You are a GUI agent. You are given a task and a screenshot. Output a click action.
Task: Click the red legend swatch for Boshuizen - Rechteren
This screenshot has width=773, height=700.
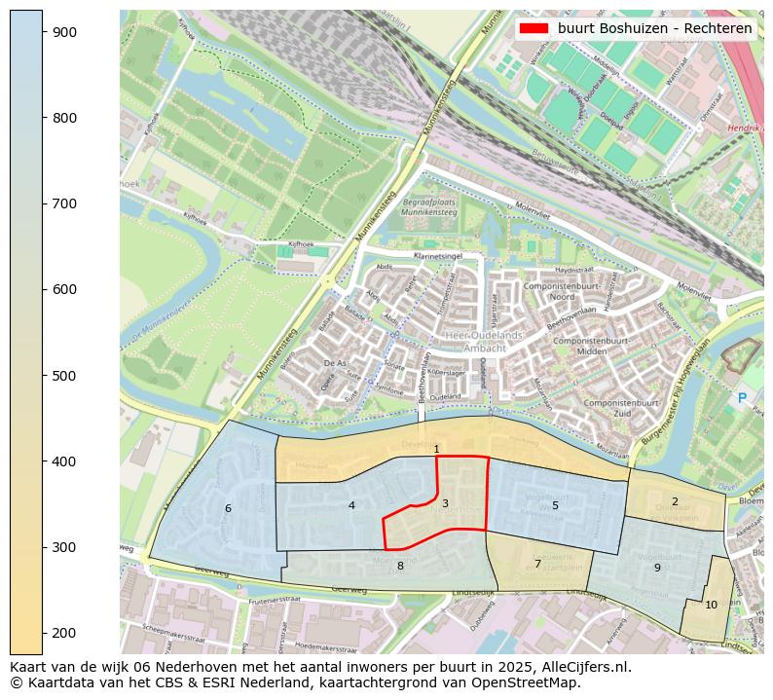pos(533,28)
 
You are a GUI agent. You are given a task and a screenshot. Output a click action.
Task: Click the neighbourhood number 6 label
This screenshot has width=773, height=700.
pos(228,508)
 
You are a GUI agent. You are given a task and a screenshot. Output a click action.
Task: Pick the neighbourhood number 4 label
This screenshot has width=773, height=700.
pos(351,505)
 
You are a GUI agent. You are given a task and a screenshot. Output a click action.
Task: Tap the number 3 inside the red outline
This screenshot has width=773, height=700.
pos(445,503)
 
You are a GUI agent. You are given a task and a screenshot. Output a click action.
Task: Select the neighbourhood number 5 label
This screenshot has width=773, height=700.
pos(555,505)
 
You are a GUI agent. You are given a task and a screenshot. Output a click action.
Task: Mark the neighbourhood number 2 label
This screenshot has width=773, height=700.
pos(675,501)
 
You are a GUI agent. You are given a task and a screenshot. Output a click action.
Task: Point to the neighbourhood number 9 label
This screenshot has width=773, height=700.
pos(657,568)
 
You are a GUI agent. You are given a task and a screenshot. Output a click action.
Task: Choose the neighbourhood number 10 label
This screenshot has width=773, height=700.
pos(711,605)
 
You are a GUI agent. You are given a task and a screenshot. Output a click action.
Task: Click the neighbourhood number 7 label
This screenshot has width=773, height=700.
pos(537,564)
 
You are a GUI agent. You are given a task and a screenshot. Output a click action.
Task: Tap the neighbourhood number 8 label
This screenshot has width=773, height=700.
pos(400,566)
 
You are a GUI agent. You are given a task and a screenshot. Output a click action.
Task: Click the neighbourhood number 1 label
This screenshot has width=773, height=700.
pos(437,449)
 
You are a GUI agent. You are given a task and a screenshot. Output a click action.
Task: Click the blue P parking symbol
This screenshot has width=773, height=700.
pos(742,398)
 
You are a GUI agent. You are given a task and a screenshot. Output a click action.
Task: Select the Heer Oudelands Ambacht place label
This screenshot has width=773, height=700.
pos(483,341)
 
